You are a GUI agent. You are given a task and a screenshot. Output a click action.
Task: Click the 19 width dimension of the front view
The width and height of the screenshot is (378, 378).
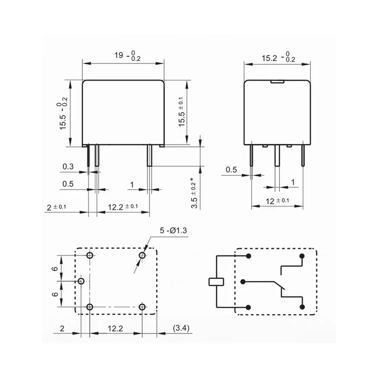[x=127, y=56]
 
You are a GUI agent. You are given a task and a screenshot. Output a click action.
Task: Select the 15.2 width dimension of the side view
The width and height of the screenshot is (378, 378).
[x=278, y=57]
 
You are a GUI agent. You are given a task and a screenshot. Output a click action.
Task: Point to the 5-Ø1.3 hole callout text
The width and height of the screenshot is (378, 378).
[x=173, y=231]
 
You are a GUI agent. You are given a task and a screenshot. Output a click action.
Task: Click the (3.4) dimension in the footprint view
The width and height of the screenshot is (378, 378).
[x=181, y=328]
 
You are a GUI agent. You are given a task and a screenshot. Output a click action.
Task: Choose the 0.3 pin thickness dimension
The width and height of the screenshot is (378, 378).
[x=68, y=166]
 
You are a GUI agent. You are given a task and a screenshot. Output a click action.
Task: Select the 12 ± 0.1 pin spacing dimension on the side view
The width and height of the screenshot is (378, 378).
[x=277, y=200]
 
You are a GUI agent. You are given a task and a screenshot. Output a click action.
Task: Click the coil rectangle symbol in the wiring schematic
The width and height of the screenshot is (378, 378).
[x=216, y=282]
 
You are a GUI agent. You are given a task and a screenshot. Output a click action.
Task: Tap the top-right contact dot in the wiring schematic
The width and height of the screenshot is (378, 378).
[x=302, y=256]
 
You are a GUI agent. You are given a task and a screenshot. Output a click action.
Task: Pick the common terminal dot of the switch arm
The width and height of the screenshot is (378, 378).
[x=243, y=282]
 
